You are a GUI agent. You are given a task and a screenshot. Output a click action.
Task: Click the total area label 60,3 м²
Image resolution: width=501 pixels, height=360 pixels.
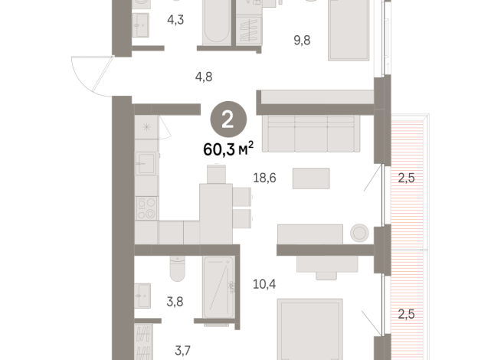point(228,149)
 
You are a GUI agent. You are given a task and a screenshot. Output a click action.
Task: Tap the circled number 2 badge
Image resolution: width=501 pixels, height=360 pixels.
point(228,119)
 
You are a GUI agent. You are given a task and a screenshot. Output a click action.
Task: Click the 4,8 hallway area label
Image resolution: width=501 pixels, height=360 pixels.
point(203,76)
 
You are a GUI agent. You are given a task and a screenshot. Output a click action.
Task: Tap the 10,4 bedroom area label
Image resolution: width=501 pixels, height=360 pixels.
point(264,284)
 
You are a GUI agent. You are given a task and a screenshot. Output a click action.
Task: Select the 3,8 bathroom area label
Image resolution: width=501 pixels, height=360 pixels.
point(175,300)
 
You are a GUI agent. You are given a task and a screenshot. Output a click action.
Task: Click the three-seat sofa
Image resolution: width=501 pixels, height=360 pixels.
point(310,133)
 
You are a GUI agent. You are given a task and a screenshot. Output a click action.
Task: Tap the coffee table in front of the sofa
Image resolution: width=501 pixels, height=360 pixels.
point(311,178)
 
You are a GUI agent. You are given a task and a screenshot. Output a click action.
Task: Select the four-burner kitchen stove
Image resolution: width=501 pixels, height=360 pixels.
point(146,207)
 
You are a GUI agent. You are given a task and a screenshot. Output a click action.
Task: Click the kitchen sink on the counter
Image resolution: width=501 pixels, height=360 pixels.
point(146,164)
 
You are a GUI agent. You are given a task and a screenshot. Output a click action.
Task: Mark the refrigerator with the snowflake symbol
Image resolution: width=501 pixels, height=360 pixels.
point(146,126)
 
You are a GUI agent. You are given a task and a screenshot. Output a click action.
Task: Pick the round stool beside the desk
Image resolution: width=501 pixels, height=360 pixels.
point(358,234)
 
